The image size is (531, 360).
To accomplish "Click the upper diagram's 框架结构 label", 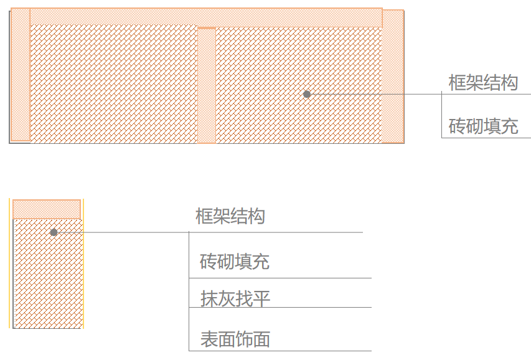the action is tap(483, 83).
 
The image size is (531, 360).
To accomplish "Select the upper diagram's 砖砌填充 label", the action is tap(483, 127).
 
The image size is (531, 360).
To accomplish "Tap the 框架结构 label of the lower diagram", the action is tap(230, 217).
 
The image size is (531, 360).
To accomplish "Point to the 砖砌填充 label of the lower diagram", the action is tap(235, 262).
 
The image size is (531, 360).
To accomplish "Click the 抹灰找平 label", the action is tap(235, 299).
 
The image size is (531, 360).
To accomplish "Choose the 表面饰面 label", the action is tap(235, 339).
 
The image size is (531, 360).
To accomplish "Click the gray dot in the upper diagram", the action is tap(307, 94).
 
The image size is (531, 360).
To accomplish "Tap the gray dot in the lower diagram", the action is tap(54, 232).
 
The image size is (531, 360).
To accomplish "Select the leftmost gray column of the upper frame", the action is tap(21, 81).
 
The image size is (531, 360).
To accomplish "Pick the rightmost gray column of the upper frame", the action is tap(393, 78).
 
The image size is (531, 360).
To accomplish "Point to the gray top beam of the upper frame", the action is tap(205, 17).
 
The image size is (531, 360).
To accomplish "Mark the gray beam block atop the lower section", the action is tap(47, 209).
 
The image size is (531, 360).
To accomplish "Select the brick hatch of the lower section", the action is tap(47, 280).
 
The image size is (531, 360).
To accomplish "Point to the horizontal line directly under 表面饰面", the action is tap(280, 351).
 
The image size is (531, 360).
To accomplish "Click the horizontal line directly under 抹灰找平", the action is tap(280, 308).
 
